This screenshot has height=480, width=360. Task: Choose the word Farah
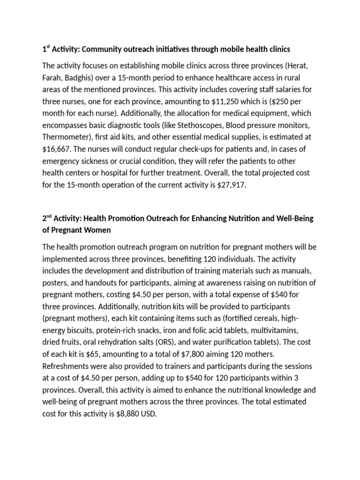pos(53,77)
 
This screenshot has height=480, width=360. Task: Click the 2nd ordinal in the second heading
pos(47,218)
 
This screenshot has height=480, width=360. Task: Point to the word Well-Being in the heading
pos(299,218)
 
